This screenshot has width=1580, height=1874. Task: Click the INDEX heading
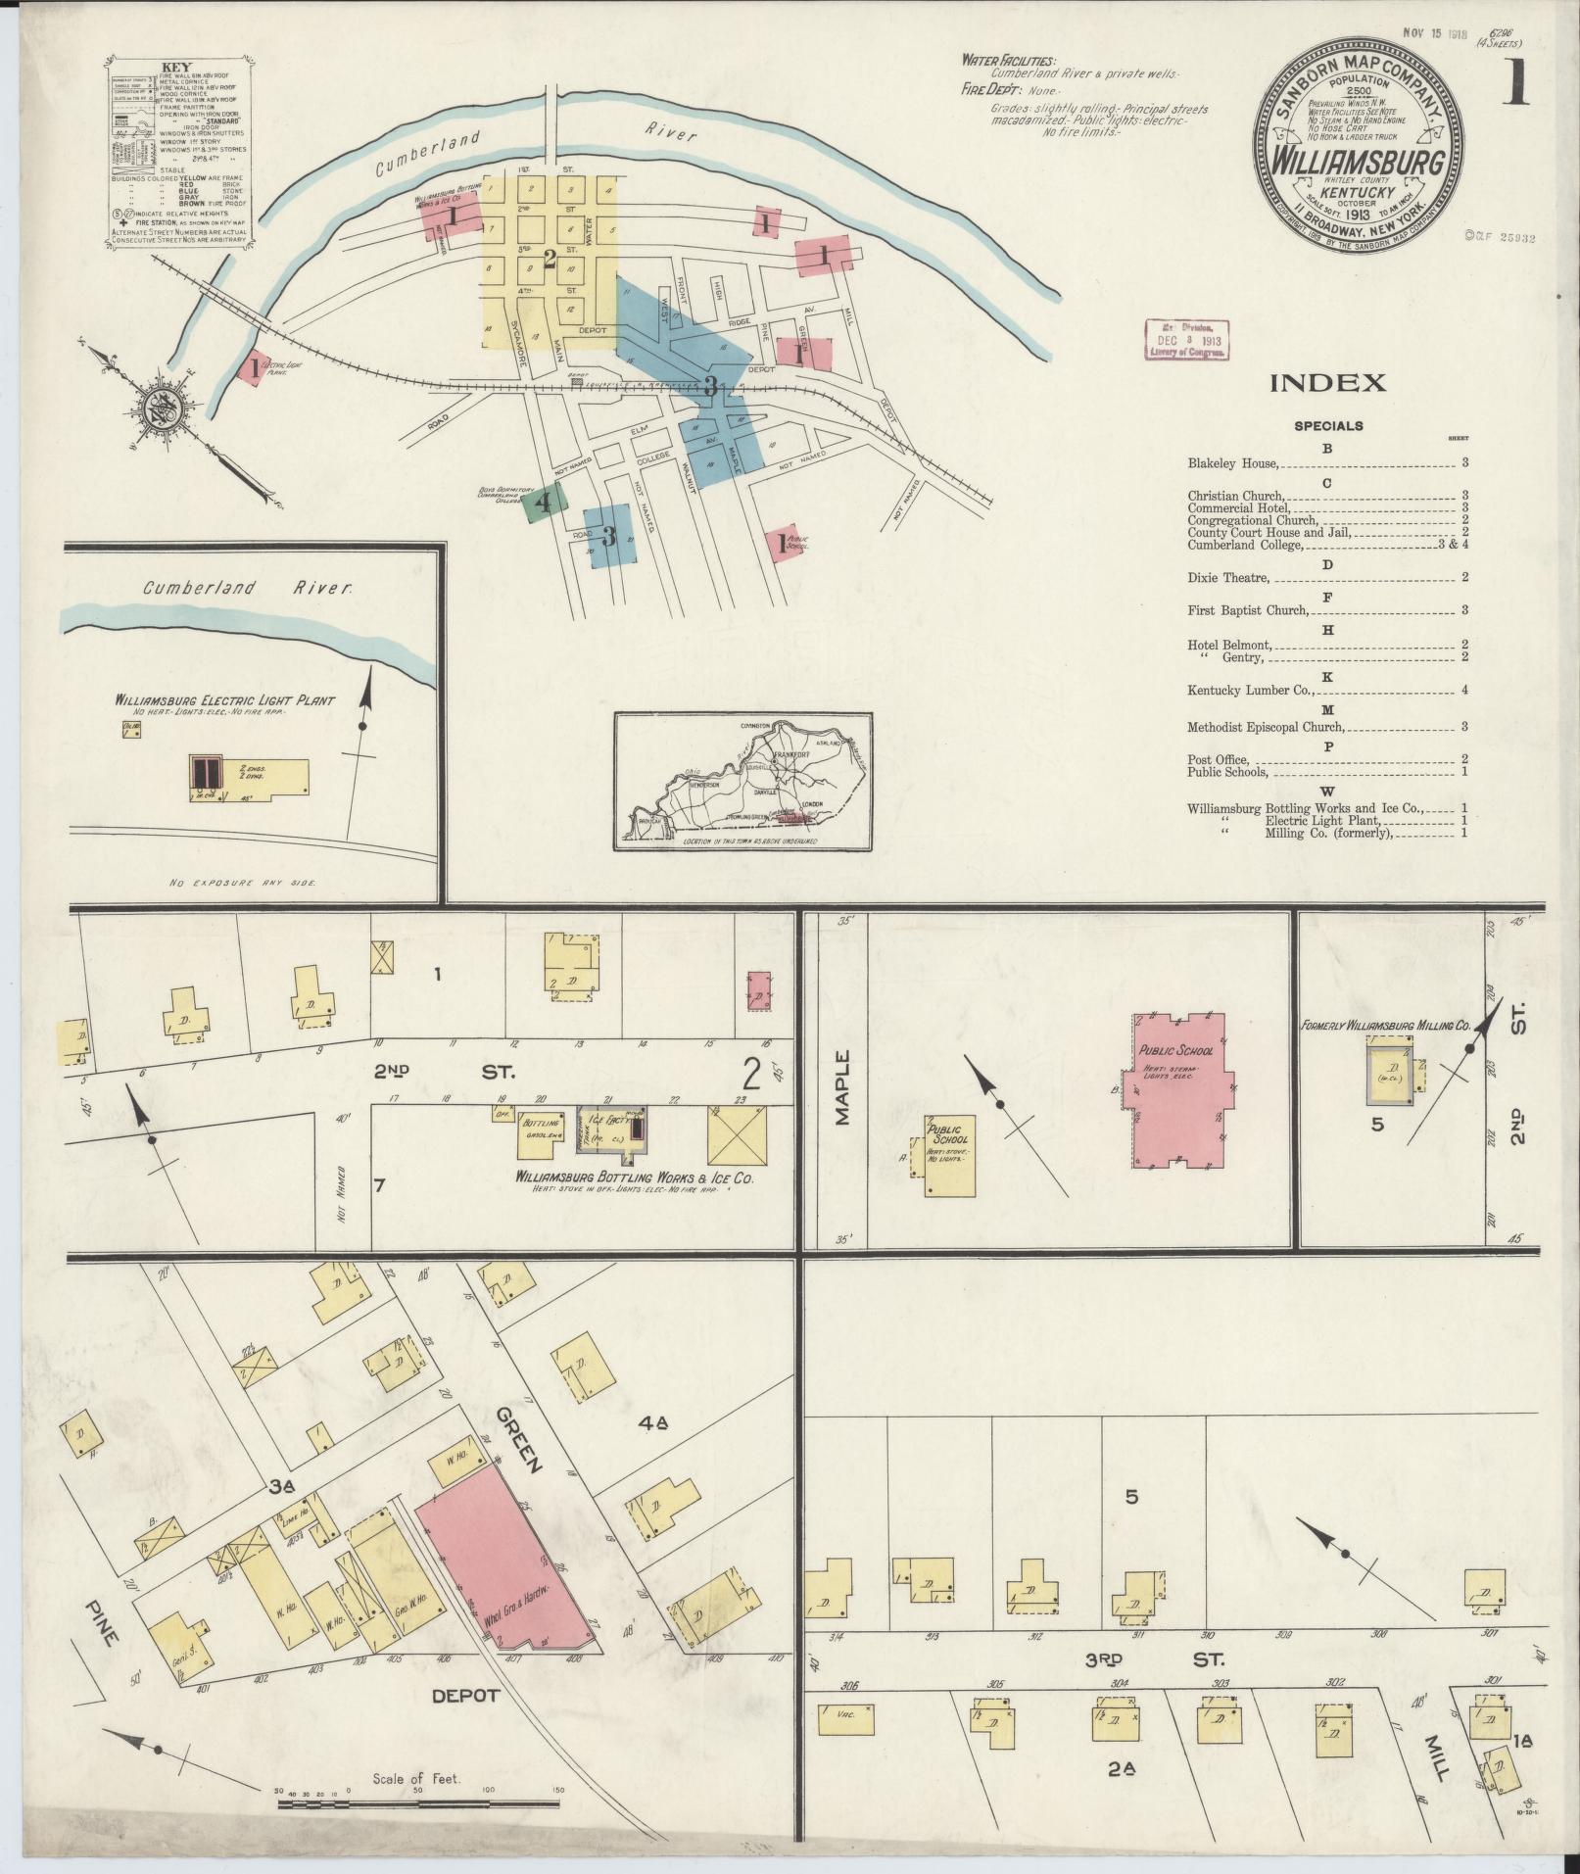[1327, 383]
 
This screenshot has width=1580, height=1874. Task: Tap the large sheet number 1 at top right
[1516, 84]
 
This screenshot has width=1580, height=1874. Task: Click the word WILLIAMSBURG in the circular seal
[1349, 161]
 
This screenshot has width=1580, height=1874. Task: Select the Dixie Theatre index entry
[1228, 578]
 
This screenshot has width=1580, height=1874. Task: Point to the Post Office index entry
[1218, 759]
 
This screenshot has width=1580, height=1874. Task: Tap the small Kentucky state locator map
[742, 781]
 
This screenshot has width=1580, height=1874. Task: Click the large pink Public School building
[1178, 1087]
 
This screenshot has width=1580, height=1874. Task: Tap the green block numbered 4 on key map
[542, 503]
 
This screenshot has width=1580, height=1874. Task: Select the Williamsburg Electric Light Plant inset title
[224, 700]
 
